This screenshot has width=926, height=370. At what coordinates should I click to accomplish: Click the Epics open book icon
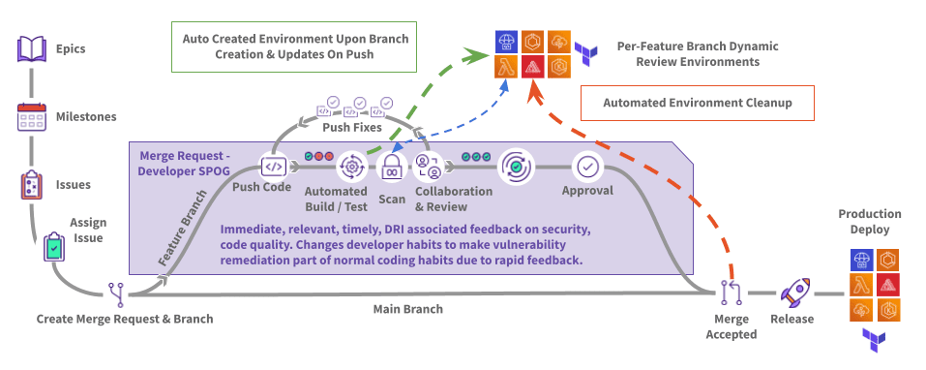(31, 49)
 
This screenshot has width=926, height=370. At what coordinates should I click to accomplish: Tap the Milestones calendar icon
(31, 117)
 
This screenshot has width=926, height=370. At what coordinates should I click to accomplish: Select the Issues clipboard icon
(31, 185)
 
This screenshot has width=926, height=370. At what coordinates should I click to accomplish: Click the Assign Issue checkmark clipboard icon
(54, 247)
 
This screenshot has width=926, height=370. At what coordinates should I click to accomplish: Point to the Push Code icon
(274, 168)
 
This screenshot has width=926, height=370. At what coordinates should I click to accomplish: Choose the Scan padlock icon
(390, 168)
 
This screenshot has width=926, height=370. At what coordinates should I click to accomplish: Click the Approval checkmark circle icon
(587, 168)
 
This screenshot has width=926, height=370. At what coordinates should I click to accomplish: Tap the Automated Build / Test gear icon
(352, 168)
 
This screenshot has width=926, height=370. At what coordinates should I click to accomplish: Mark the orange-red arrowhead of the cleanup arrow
(536, 93)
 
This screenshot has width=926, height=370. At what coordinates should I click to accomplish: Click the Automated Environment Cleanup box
(698, 103)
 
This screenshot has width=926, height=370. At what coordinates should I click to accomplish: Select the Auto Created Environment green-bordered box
(294, 46)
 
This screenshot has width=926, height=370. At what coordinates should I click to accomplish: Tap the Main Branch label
(408, 309)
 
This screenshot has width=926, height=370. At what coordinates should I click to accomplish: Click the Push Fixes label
(352, 128)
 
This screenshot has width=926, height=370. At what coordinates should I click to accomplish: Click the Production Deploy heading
(870, 221)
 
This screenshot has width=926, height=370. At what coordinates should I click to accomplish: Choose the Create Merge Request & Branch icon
(116, 293)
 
